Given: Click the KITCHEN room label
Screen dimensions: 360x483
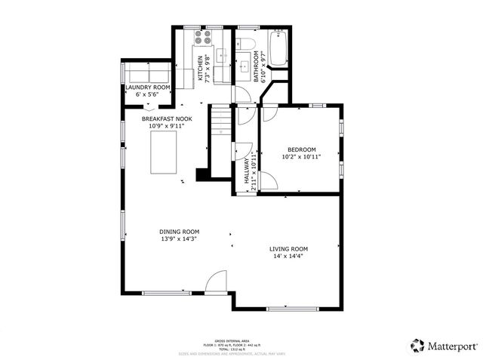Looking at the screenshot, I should (200, 68).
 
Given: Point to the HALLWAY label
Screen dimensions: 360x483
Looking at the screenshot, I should (246, 171).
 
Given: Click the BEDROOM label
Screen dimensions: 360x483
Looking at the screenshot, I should (301, 149).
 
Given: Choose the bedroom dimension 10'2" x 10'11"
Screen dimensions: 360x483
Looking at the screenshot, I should (301, 157).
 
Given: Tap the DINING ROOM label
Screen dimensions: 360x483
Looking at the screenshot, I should (179, 232).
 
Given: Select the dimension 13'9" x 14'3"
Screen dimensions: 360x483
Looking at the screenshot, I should (179, 239).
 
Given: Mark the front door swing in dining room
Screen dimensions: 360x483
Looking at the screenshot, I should (215, 282).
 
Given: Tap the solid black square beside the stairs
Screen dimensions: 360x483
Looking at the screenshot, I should (202, 175).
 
